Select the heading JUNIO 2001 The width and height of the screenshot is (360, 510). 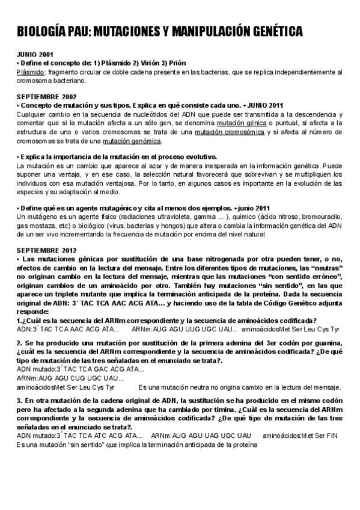(35, 54)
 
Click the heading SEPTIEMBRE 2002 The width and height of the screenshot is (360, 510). (46, 96)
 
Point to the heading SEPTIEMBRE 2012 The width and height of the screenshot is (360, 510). (46, 250)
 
